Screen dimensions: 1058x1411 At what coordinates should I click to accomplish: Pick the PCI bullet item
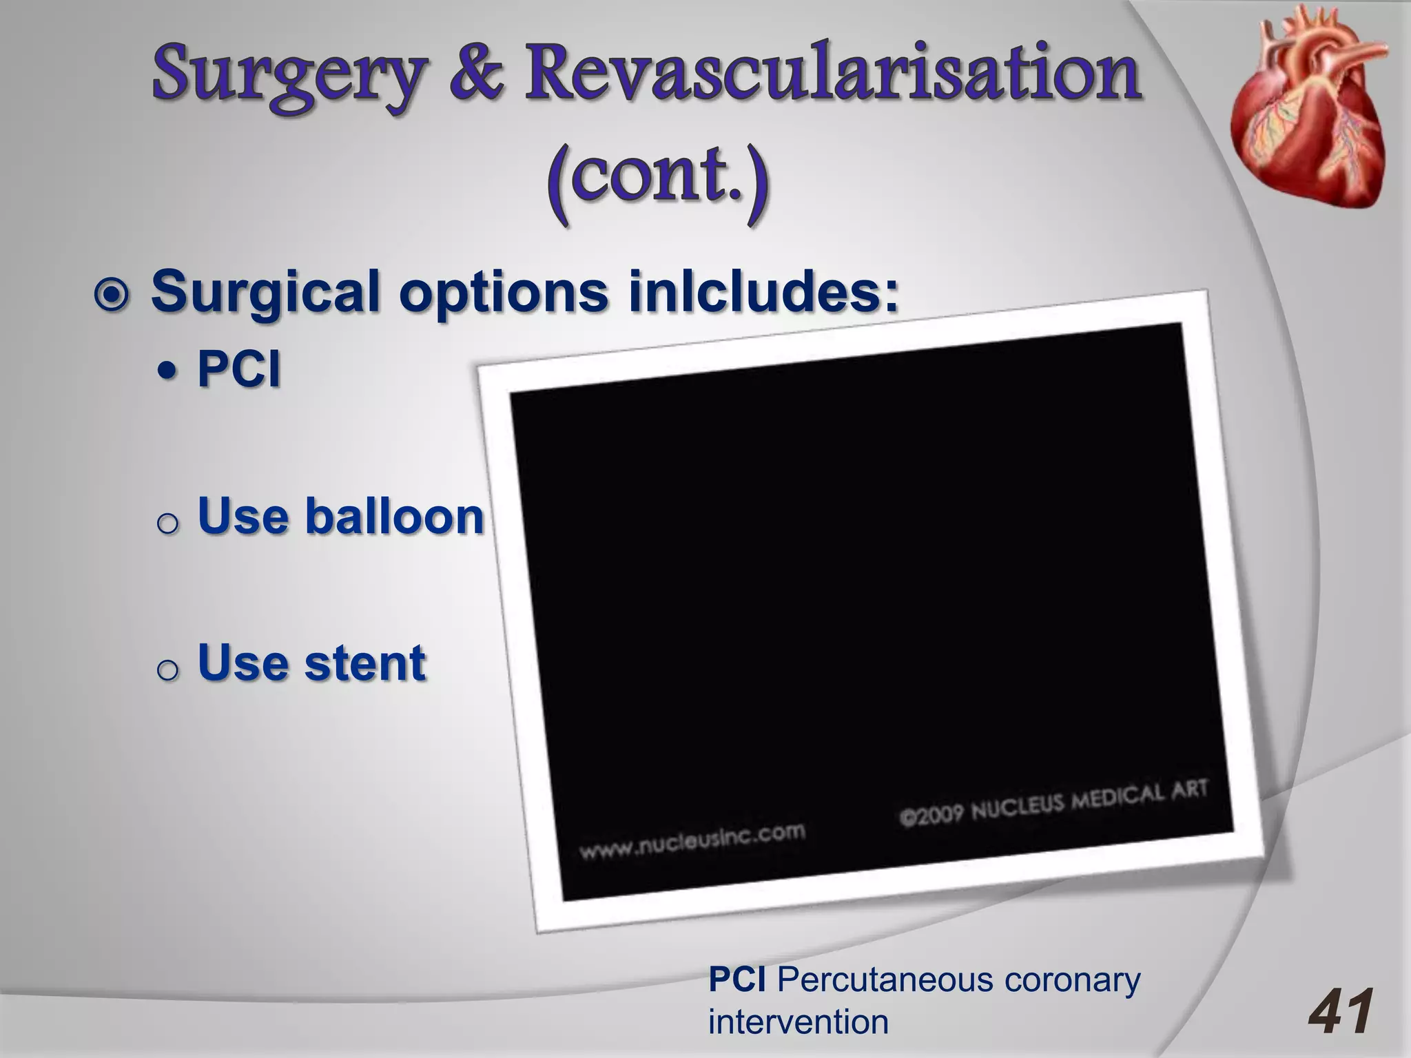[x=238, y=369]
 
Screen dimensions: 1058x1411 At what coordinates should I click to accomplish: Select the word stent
[x=365, y=663]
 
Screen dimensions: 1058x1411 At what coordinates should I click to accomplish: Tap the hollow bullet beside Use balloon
[x=167, y=523]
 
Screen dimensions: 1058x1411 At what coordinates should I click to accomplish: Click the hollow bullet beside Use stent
[x=167, y=670]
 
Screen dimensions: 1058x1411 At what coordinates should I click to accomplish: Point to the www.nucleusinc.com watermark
[x=692, y=841]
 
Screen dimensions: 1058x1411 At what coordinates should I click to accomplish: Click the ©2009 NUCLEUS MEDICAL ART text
[x=1053, y=802]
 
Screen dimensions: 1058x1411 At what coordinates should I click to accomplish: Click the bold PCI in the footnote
[x=737, y=979]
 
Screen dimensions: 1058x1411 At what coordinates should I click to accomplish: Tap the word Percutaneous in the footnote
[x=885, y=979]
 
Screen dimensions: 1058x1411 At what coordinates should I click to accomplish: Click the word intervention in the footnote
[x=798, y=1021]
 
